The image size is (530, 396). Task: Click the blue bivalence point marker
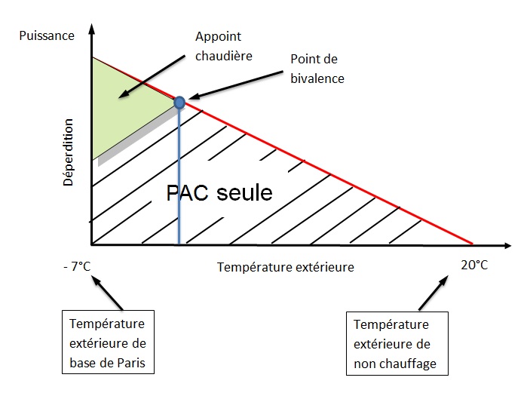click(x=179, y=102)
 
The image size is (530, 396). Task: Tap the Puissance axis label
click(x=47, y=36)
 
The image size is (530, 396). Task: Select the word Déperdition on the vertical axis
click(x=68, y=152)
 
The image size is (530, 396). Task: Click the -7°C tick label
click(x=77, y=266)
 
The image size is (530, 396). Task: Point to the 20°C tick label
click(x=474, y=265)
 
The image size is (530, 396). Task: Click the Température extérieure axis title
click(x=286, y=267)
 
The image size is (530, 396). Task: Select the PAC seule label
click(x=219, y=193)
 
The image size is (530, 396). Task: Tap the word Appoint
click(x=219, y=37)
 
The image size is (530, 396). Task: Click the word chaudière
click(x=224, y=56)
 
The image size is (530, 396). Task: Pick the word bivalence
click(x=317, y=78)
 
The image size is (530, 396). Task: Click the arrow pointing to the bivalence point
click(x=235, y=85)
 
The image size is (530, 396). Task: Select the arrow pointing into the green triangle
click(x=152, y=77)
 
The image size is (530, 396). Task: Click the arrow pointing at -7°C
click(x=108, y=293)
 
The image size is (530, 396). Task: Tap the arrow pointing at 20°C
click(x=433, y=293)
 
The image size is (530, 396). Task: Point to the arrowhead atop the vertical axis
click(x=92, y=29)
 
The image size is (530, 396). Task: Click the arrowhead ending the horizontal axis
click(x=507, y=245)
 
